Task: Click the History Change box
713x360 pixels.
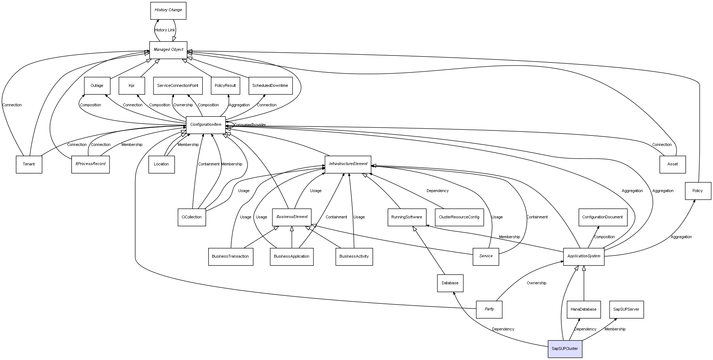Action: (x=168, y=10)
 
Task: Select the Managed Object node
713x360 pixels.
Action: (x=168, y=50)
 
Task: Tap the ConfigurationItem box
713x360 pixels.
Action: (x=206, y=125)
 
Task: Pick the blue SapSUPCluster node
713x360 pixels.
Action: (x=565, y=349)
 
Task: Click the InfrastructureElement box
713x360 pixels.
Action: (x=348, y=164)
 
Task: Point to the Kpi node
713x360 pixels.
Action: (x=132, y=86)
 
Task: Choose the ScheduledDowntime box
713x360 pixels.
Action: (x=270, y=86)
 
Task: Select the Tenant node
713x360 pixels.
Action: (x=29, y=164)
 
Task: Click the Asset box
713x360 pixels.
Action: (x=672, y=164)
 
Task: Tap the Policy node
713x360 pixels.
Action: (x=698, y=191)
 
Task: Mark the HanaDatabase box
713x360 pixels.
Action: (x=583, y=310)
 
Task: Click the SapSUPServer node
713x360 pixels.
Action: (x=626, y=310)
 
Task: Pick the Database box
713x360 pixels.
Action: (x=450, y=283)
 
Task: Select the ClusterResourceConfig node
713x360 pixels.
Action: (x=459, y=217)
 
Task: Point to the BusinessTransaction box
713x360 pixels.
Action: (x=230, y=257)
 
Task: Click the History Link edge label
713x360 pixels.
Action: (x=165, y=30)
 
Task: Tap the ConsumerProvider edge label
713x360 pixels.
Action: (x=250, y=125)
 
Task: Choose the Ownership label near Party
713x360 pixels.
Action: (x=536, y=283)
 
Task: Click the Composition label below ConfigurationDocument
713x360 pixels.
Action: (x=604, y=237)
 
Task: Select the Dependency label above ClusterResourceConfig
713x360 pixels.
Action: (x=437, y=191)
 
